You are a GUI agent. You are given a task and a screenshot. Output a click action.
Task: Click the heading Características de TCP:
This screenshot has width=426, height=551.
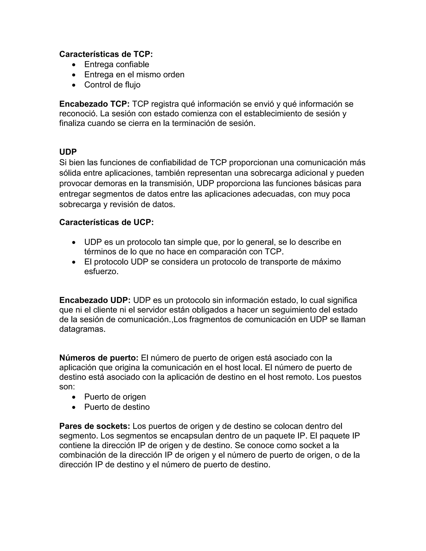click(106, 54)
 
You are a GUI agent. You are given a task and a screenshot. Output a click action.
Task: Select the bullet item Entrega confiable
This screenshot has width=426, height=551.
click(117, 65)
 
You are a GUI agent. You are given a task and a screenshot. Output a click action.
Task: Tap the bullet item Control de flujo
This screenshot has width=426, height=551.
click(112, 85)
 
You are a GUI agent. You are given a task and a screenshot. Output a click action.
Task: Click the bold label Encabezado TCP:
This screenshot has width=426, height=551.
click(94, 104)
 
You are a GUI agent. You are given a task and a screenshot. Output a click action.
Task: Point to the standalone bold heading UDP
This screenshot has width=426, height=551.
click(68, 152)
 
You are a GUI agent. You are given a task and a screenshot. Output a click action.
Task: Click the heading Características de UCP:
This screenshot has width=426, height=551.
click(106, 222)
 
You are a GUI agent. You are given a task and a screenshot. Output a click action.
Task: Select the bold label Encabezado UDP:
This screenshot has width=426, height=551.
click(95, 300)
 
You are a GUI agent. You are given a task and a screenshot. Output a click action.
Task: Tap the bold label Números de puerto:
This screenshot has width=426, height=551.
click(99, 358)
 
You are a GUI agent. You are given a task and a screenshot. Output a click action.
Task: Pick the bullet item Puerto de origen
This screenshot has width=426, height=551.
click(115, 397)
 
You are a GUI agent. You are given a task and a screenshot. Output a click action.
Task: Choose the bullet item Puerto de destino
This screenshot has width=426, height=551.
click(117, 407)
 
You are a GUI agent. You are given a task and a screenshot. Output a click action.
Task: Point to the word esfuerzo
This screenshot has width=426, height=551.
click(101, 272)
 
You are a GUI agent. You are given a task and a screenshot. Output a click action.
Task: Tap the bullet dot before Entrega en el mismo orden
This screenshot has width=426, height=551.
click(74, 75)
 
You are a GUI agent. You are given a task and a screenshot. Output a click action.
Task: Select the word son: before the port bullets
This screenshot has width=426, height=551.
click(67, 387)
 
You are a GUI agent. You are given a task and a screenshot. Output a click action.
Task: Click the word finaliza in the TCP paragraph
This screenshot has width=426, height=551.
click(72, 123)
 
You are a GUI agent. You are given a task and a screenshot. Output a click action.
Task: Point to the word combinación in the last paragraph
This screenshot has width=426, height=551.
click(84, 455)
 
